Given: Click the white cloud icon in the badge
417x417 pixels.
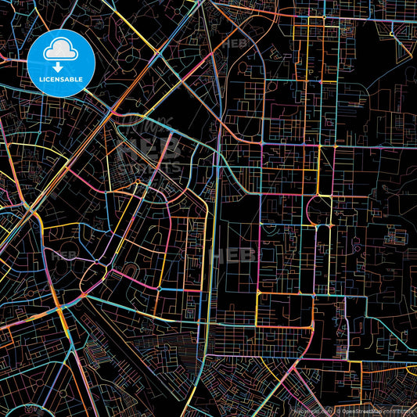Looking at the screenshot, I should [61, 51].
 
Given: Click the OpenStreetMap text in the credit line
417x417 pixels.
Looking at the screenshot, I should [357, 410].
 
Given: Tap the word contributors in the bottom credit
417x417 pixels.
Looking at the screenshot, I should [399, 410].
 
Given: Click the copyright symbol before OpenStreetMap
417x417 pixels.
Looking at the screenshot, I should [333, 410].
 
